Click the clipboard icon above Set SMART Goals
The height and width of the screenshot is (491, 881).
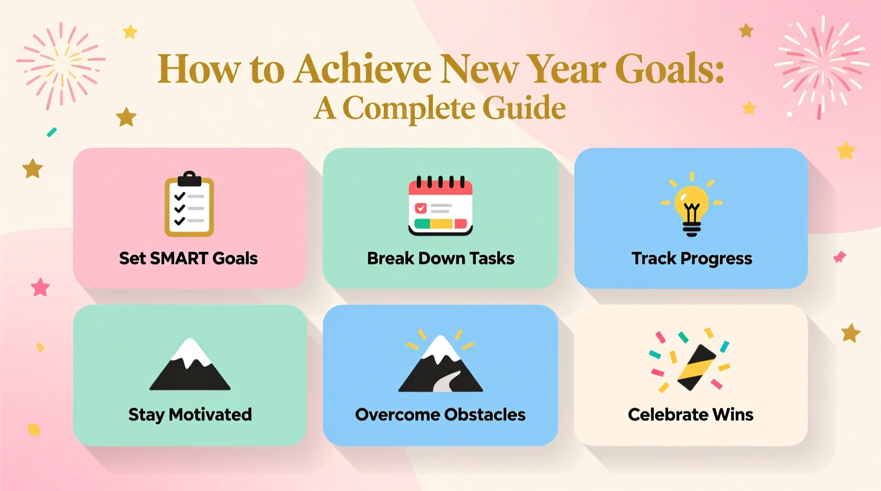click(189, 204)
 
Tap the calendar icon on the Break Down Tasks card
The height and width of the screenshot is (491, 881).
click(440, 205)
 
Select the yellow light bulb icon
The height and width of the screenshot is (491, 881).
click(691, 204)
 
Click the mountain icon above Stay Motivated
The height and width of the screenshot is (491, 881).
click(190, 364)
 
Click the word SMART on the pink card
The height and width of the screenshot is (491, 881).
click(179, 258)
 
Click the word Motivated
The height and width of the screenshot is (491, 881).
click(210, 415)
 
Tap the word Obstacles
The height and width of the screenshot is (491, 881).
click(486, 415)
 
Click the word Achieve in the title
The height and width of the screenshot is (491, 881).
click(363, 68)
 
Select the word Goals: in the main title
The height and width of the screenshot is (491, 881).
click(669, 68)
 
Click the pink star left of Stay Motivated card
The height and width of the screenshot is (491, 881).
click(41, 287)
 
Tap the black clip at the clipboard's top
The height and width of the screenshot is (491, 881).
click(189, 179)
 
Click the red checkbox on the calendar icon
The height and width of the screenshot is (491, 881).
click(420, 207)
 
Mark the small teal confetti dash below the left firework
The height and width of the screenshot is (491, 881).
click(51, 132)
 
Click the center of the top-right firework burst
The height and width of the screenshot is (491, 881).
click(822, 66)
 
